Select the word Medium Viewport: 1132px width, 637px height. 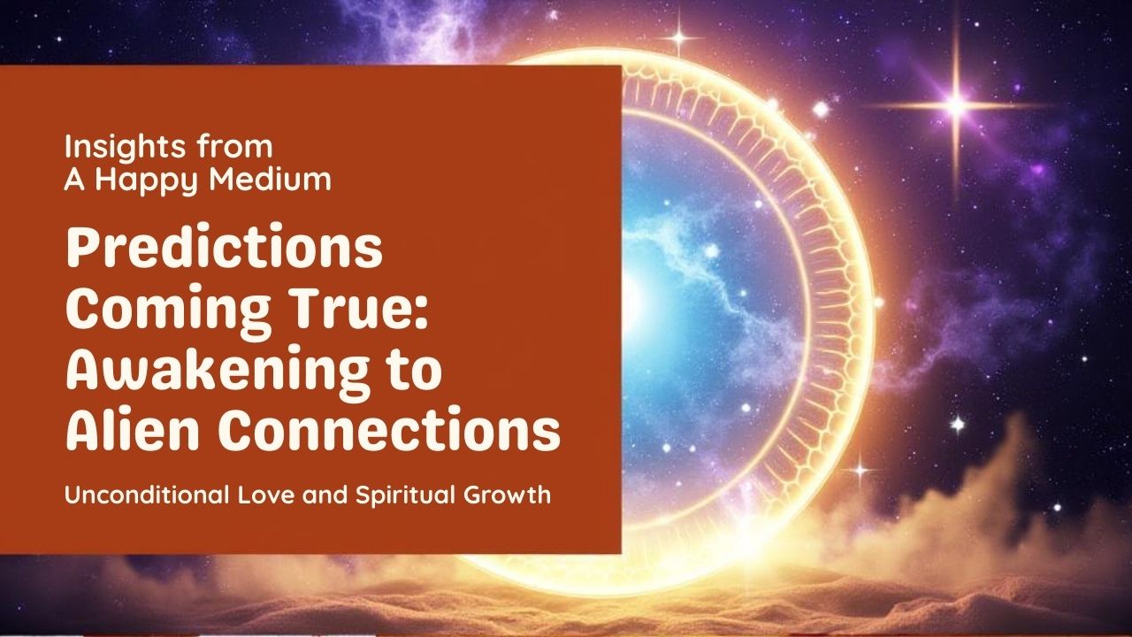[x=270, y=179]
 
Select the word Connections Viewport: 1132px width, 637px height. [x=389, y=428]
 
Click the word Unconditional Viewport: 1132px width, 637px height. [x=147, y=494]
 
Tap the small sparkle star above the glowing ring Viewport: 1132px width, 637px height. [x=680, y=37]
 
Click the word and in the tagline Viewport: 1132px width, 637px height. [x=325, y=495]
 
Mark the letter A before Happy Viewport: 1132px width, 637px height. [x=75, y=180]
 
